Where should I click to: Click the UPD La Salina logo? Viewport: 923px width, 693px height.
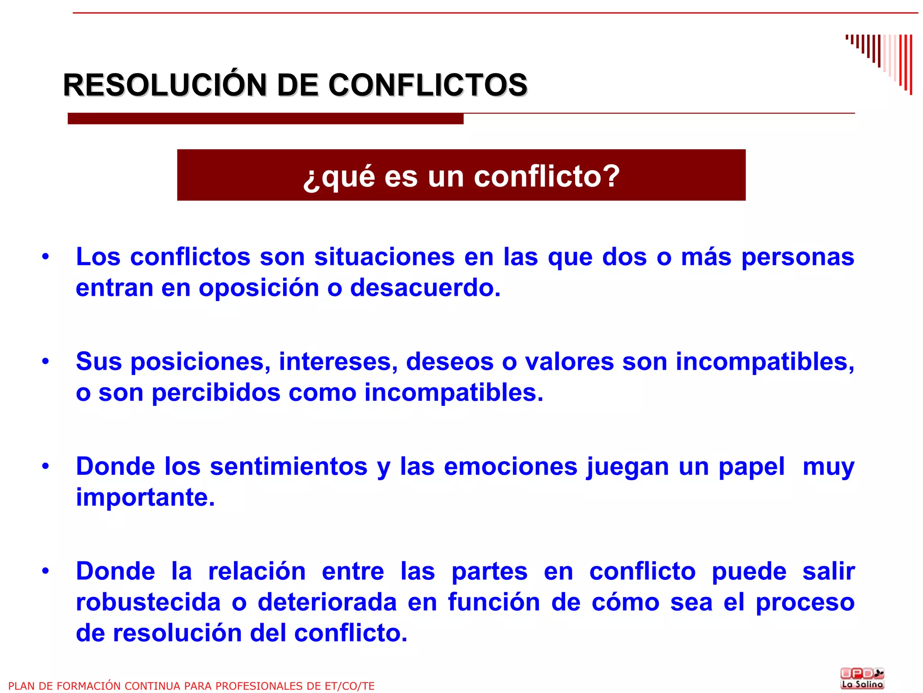[x=862, y=678]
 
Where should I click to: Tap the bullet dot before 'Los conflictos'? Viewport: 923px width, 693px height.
[x=46, y=257]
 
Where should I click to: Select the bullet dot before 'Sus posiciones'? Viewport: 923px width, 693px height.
[x=46, y=362]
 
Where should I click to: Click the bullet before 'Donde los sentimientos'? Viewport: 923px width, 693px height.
[x=46, y=466]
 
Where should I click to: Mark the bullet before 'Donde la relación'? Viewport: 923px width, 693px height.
[x=46, y=571]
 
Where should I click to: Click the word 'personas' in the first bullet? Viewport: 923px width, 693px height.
[x=797, y=257]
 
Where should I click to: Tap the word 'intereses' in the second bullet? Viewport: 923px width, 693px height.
[x=338, y=362]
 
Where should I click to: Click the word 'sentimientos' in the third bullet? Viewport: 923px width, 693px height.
[x=288, y=467]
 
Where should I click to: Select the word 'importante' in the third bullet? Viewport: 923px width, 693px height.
[x=142, y=497]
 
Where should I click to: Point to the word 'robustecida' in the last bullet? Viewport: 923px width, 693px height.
[x=148, y=602]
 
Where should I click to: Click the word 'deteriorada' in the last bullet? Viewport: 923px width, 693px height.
[x=327, y=602]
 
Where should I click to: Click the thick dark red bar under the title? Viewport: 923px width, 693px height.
[x=265, y=119]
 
